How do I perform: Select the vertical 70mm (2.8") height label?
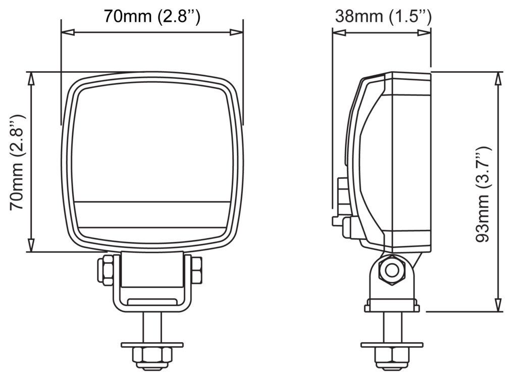(x=17, y=162)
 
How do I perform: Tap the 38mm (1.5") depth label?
(x=383, y=16)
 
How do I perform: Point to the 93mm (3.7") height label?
(x=483, y=195)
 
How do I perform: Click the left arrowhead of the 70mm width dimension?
(x=67, y=32)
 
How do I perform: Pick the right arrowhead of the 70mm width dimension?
(x=237, y=32)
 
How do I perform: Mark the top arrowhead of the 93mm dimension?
(x=498, y=78)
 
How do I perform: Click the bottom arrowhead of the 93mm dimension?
(x=498, y=305)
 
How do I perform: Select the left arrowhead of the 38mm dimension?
(x=339, y=32)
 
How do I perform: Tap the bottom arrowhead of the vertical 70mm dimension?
(x=31, y=245)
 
